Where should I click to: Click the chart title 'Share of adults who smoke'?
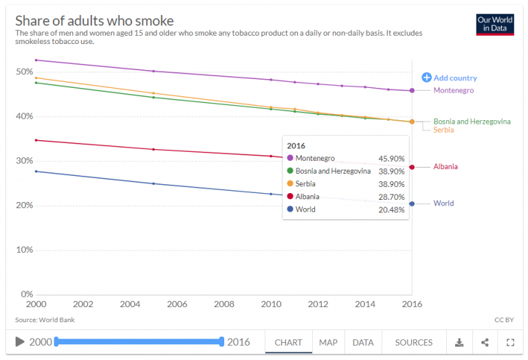[x=94, y=21]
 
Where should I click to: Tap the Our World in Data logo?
[x=494, y=24]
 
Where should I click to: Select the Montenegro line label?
[x=453, y=90]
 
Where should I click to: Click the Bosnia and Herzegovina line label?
[x=472, y=122]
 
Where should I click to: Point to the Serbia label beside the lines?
[x=443, y=130]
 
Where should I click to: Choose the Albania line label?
[x=445, y=167]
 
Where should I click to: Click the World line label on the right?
[x=443, y=203]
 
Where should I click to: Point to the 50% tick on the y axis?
[x=24, y=71]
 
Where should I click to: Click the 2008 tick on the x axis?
[x=224, y=304]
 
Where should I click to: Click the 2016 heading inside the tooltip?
[x=296, y=146]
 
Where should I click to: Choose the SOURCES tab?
[x=414, y=342]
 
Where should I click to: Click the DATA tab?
[x=363, y=342]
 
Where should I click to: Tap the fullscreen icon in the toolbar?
[x=510, y=342]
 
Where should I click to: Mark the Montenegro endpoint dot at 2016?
[x=412, y=90]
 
